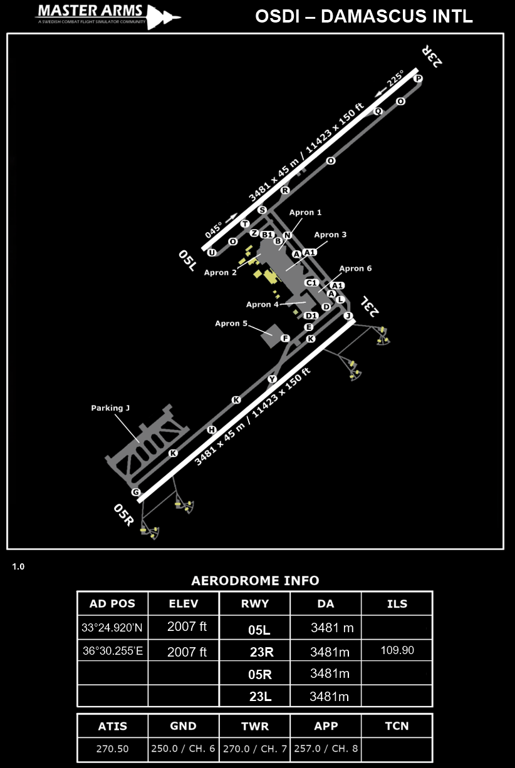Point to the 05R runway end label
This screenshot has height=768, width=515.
[x=124, y=514]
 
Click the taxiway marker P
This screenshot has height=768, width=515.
[x=419, y=78]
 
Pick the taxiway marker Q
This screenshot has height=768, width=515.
[x=378, y=111]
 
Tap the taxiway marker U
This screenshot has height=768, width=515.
[x=212, y=252]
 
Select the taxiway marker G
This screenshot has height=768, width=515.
[x=135, y=492]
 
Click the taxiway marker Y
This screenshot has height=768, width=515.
[x=272, y=379]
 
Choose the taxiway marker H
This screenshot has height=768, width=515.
[x=212, y=429]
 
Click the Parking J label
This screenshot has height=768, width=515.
[x=110, y=408]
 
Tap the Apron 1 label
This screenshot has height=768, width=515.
[x=305, y=213]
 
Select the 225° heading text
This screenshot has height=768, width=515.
[x=395, y=80]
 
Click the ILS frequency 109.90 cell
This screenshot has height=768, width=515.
[x=397, y=650]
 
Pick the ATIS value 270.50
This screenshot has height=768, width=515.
[x=112, y=749]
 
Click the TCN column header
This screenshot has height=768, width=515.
[x=397, y=726]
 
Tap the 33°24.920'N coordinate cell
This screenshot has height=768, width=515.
[x=112, y=627]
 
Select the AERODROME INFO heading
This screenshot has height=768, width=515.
[x=255, y=580]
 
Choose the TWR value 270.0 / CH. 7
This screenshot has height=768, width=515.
[x=254, y=749]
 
